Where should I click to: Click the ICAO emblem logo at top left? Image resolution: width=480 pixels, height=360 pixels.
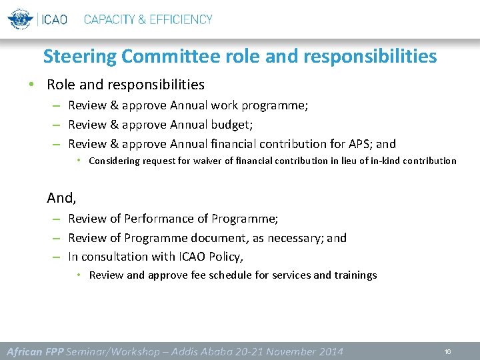coord(21,19)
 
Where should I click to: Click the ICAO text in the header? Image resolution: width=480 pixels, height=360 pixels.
coord(55,19)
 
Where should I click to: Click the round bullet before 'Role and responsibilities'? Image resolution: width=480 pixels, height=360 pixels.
coord(31,85)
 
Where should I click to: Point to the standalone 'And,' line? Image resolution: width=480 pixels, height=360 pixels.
coord(61,198)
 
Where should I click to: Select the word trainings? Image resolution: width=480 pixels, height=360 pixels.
coord(355,275)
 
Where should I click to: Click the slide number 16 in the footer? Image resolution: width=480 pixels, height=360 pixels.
coord(448,351)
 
